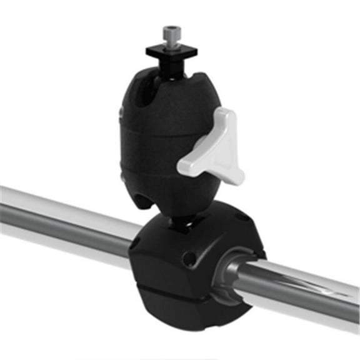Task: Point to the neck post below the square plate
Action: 169,62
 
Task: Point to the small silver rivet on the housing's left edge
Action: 121,112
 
